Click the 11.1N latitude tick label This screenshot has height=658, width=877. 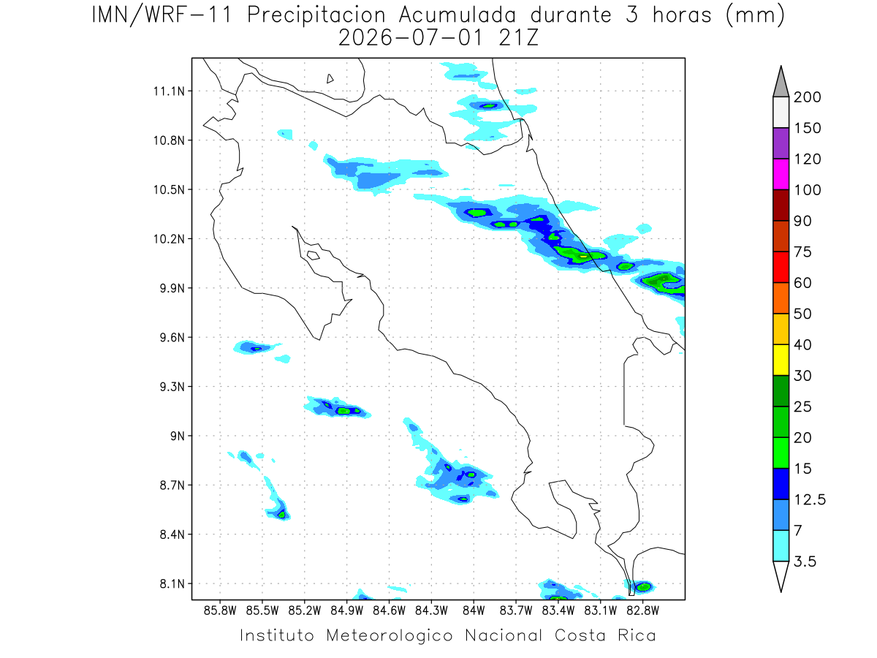point(169,91)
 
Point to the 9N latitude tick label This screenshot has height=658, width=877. point(178,436)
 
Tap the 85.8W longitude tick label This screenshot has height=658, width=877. point(220,611)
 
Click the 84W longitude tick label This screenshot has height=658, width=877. point(474,611)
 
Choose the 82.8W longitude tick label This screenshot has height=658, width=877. point(642,611)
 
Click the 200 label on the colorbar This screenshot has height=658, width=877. point(807,97)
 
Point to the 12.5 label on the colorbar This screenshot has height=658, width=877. point(810,499)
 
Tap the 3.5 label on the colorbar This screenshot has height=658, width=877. point(805,561)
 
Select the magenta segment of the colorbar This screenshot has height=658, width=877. point(781,174)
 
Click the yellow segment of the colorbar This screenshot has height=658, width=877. point(781,360)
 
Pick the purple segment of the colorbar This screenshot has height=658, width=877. point(781,143)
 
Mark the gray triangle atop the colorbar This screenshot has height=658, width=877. point(781,82)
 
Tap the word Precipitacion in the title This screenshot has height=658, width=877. point(316,15)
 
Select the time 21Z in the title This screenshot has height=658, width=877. point(519,38)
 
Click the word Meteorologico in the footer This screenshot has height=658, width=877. point(389,635)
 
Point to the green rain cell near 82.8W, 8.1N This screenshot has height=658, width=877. point(643,587)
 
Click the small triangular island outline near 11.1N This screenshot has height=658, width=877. point(330,78)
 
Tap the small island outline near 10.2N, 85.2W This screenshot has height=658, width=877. point(314,255)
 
